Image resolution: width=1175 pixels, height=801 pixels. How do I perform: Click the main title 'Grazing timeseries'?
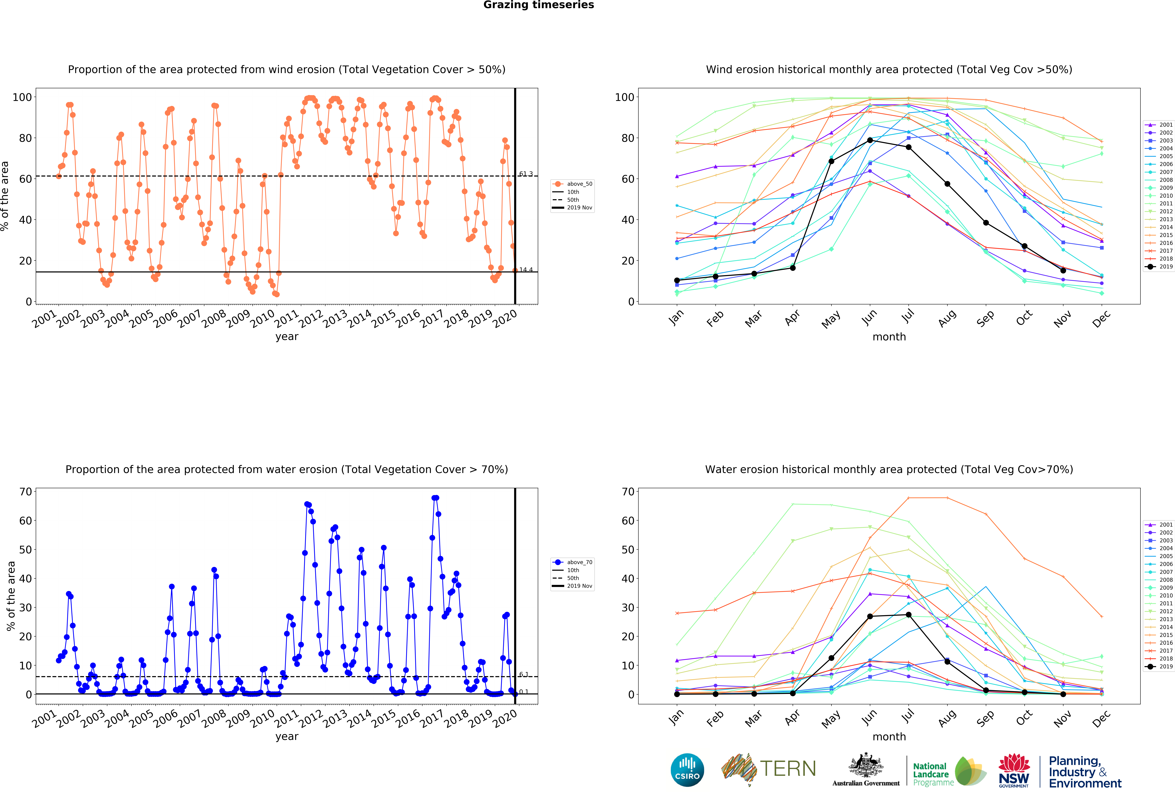538,5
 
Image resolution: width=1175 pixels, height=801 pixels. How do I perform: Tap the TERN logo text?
788,769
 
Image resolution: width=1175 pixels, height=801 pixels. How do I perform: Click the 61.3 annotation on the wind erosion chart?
526,174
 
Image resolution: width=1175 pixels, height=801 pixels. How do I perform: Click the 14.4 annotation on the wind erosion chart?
526,270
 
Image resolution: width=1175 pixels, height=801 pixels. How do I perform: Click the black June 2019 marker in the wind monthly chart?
870,140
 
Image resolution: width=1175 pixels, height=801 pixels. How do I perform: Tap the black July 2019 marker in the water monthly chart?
909,614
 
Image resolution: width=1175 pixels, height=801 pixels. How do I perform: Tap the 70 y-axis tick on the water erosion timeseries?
25,492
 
